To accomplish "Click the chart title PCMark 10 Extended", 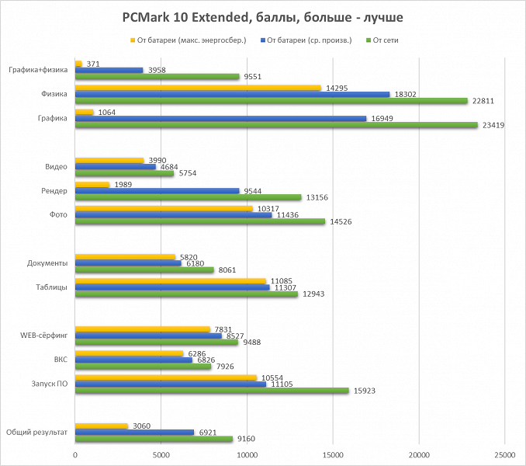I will (262, 16).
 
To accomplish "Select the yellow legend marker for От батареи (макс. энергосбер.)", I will (133, 40).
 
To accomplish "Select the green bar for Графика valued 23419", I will (276, 124).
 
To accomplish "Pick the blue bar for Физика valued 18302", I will (232, 94).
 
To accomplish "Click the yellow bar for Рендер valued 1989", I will (92, 184).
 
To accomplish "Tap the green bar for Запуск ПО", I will (212, 391).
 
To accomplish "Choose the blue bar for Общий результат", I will (134, 432).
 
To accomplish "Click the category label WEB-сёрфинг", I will (44, 336).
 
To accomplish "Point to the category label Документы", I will (47, 263).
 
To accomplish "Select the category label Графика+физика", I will (38, 70).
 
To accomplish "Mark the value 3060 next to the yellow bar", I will (141, 425).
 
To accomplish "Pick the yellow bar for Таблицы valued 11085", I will (170, 280).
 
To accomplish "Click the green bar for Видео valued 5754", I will (124, 173).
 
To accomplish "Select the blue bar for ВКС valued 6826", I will (133, 360).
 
